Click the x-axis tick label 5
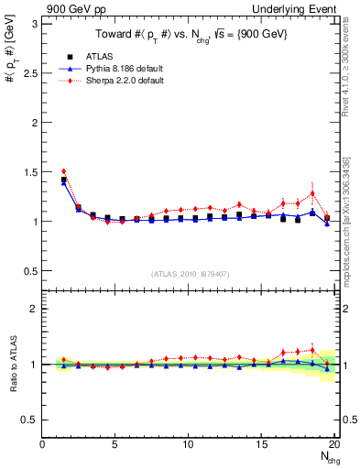(115, 445)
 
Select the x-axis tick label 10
(189, 445)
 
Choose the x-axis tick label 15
(262, 445)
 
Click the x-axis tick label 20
(335, 445)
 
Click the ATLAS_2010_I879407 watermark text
(190, 272)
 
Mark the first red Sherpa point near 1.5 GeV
(64, 171)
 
